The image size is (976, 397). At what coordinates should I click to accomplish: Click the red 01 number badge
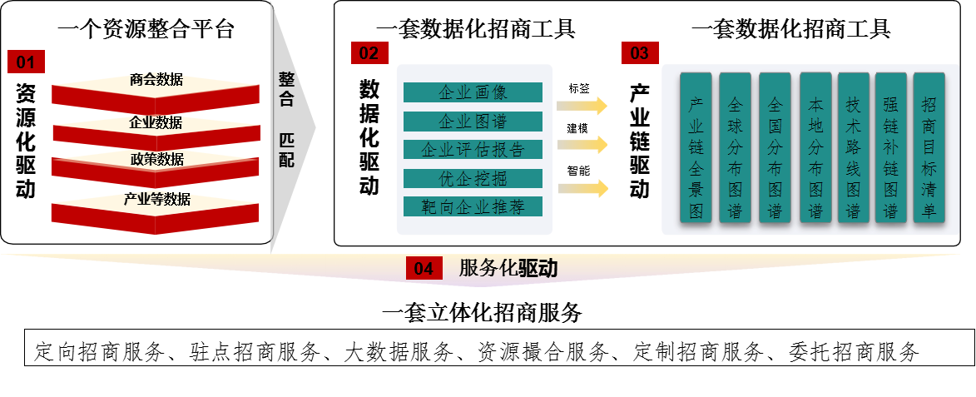pos(26,62)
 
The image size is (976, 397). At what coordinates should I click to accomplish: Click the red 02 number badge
pos(369,53)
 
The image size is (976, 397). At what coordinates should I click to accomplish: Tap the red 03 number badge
pos(640,53)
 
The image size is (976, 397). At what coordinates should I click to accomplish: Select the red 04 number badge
pos(424,269)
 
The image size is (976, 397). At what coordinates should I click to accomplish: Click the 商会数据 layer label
pos(156,80)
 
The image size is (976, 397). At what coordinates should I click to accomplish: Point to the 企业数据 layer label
pos(156,122)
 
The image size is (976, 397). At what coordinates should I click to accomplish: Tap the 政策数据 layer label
pos(156,159)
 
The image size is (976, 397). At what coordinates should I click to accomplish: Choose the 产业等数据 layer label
pos(156,199)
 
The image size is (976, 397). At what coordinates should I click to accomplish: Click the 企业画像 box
pos(473,92)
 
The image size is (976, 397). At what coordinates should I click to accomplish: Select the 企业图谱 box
pos(473,122)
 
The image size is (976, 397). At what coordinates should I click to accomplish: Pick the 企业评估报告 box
pos(473,150)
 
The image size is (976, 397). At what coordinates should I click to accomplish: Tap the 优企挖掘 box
pos(473,178)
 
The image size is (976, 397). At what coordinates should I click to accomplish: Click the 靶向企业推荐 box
pos(473,206)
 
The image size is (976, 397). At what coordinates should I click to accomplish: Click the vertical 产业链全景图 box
pos(696,148)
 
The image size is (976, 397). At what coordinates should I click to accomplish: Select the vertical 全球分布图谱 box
pos(735,148)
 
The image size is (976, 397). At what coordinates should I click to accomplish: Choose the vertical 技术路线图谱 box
pos(853,148)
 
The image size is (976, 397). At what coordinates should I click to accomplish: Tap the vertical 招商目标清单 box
pos(929,148)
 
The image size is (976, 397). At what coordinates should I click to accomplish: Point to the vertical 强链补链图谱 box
pos(890,148)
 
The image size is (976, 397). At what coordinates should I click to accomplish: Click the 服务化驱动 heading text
pos(508,268)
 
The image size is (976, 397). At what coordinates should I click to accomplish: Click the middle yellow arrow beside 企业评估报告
pos(582,145)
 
